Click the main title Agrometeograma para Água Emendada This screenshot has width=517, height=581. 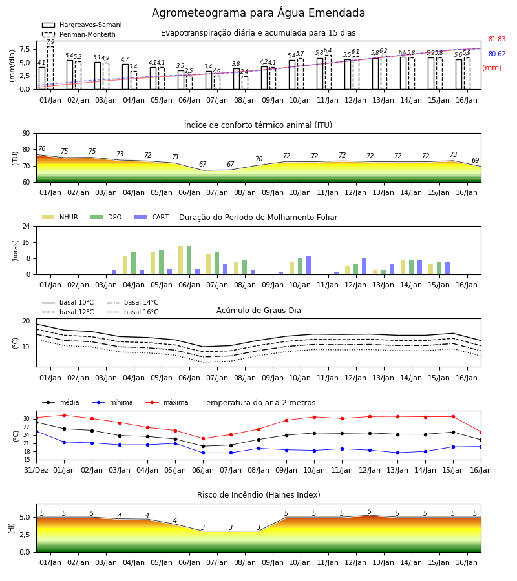click(258, 13)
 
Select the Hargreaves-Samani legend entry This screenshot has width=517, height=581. click(82, 25)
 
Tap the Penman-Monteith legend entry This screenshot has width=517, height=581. click(79, 34)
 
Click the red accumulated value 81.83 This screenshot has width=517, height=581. click(497, 39)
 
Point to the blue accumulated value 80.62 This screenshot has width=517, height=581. click(497, 54)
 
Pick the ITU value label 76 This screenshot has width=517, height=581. click(41, 148)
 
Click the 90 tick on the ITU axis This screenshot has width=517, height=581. click(26, 134)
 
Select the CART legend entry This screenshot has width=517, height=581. click(152, 217)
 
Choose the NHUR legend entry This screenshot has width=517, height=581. click(60, 217)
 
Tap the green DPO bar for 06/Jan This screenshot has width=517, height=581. click(189, 260)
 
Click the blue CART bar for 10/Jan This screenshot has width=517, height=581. click(308, 265)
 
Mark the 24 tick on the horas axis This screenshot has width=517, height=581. click(26, 226)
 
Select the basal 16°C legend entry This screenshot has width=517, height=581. click(132, 312)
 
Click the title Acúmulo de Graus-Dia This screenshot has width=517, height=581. click(258, 310)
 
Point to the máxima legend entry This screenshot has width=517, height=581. click(167, 402)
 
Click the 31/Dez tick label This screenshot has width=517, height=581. click(36, 470)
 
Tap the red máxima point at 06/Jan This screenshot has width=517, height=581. click(203, 439)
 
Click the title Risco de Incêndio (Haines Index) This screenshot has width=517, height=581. click(258, 495)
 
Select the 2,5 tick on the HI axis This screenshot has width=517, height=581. click(25, 535)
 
